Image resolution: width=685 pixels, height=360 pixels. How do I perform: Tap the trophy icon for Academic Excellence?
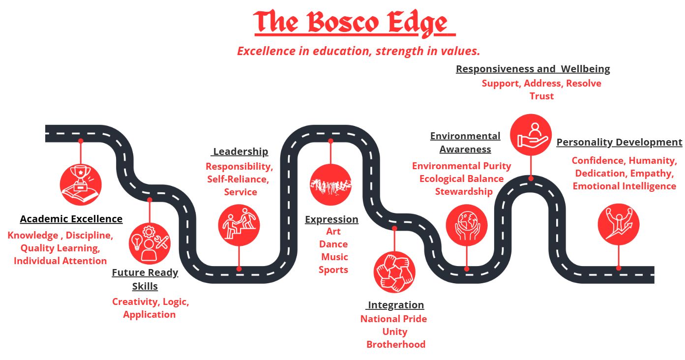pyautogui.click(x=81, y=185)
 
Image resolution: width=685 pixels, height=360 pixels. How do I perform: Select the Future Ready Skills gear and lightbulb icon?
pyautogui.click(x=149, y=243)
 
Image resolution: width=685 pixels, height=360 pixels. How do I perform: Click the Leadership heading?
pyautogui.click(x=240, y=151)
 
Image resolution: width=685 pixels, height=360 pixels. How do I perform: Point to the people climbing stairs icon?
pyautogui.click(x=239, y=225)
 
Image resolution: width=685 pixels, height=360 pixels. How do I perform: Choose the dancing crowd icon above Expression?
pyautogui.click(x=330, y=185)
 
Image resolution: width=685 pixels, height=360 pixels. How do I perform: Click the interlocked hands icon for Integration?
pyautogui.click(x=394, y=272)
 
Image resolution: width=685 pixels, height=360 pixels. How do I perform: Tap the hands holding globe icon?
pyautogui.click(x=467, y=225)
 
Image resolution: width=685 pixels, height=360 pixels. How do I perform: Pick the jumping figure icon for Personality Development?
pyautogui.click(x=619, y=224)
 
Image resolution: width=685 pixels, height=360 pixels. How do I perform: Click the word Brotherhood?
pyautogui.click(x=396, y=344)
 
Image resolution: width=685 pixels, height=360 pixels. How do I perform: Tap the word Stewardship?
pyautogui.click(x=464, y=191)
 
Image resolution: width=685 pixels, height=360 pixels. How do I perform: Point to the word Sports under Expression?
pyautogui.click(x=333, y=270)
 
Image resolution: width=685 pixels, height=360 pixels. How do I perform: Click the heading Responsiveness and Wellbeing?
pyautogui.click(x=533, y=69)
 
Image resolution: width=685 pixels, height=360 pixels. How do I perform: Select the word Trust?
pyautogui.click(x=541, y=96)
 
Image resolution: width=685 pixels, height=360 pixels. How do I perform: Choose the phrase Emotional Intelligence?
pyautogui.click(x=624, y=186)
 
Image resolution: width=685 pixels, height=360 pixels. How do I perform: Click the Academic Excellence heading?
pyautogui.click(x=71, y=219)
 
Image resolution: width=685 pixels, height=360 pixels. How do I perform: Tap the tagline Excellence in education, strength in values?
pyautogui.click(x=358, y=51)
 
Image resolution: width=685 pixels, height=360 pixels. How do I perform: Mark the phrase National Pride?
pyautogui.click(x=393, y=319)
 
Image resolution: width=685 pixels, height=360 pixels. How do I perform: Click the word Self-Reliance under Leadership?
pyautogui.click(x=238, y=179)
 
